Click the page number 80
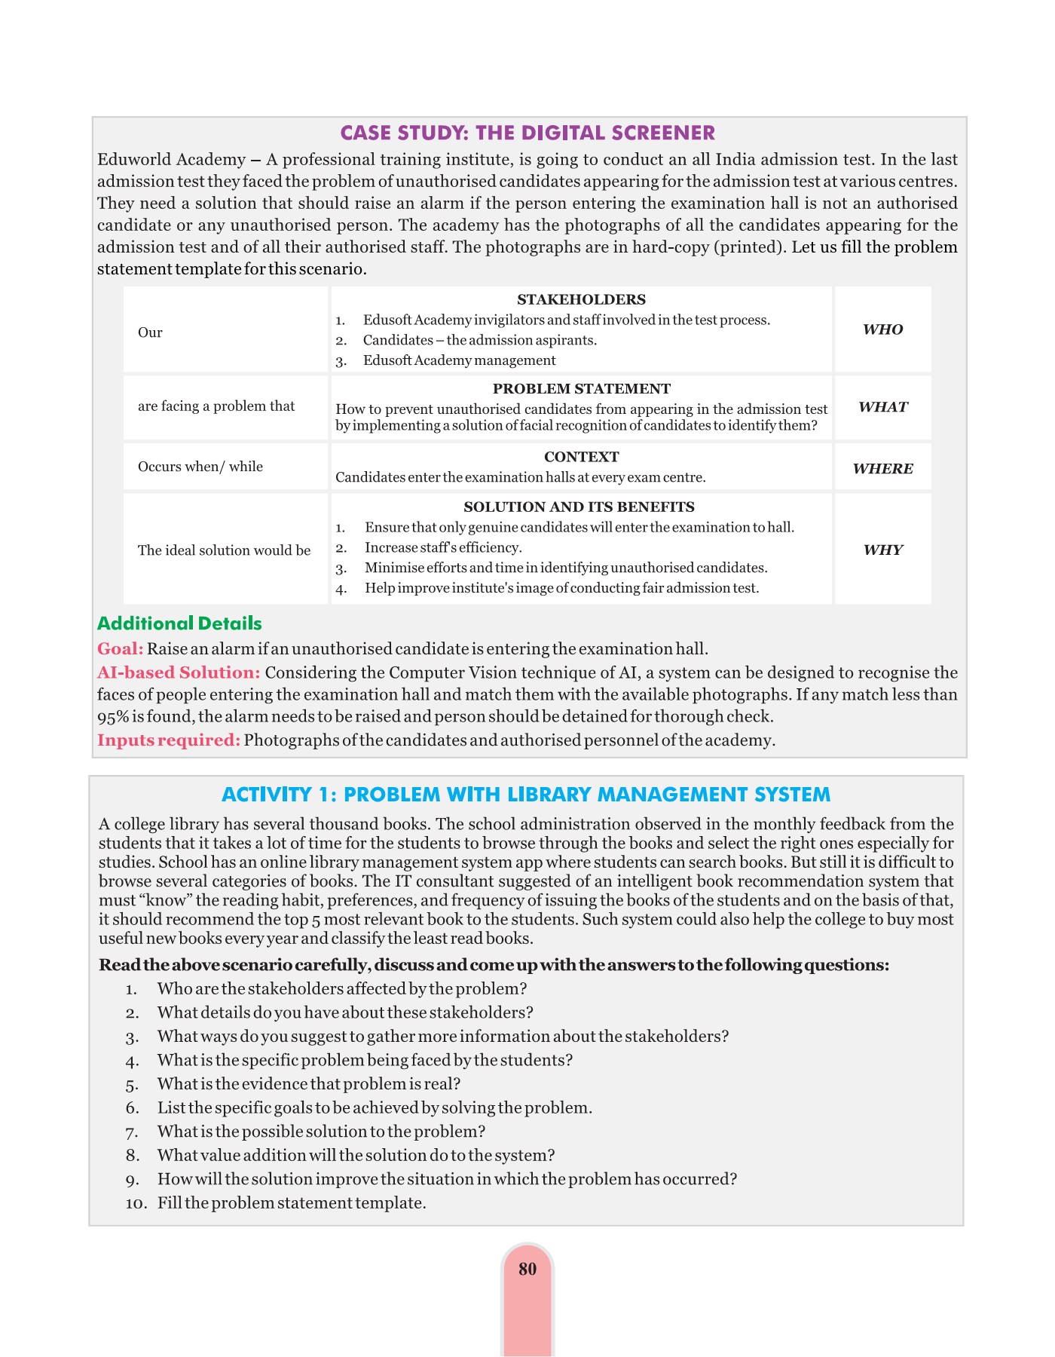[x=527, y=1269]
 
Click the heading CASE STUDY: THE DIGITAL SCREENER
[x=527, y=133]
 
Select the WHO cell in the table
[x=882, y=329]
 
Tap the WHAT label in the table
[x=882, y=407]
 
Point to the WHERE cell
[x=882, y=468]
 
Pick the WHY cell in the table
[x=882, y=550]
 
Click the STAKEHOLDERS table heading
[x=581, y=299]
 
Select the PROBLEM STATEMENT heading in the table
[x=581, y=389]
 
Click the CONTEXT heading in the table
[x=581, y=457]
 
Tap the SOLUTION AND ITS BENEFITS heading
[x=579, y=507]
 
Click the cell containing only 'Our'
[x=150, y=332]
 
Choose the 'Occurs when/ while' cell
[x=200, y=467]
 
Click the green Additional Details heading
[x=179, y=623]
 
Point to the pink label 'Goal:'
[x=120, y=648]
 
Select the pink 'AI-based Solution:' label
[x=179, y=672]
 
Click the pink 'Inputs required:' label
[x=169, y=740]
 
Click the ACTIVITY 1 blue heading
[x=526, y=795]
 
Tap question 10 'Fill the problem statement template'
[x=291, y=1202]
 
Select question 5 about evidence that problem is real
[x=308, y=1083]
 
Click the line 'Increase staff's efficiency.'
[x=443, y=547]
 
